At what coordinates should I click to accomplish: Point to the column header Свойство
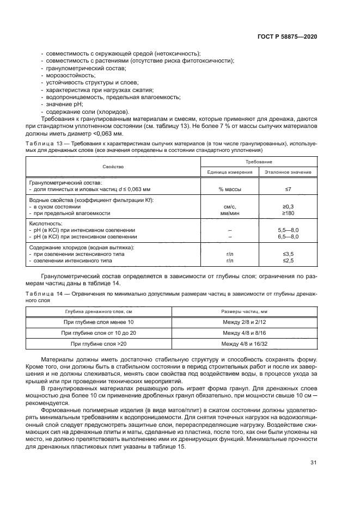tap(113, 166)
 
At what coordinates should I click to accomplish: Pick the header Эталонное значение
tap(288, 171)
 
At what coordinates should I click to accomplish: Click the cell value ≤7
tap(288, 188)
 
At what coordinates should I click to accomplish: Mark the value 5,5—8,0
tap(288, 230)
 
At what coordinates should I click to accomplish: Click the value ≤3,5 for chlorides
tap(288, 254)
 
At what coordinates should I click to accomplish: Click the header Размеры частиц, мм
tap(245, 312)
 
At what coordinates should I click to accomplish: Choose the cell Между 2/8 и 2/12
tap(245, 322)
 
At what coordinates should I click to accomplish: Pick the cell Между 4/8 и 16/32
tap(245, 343)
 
